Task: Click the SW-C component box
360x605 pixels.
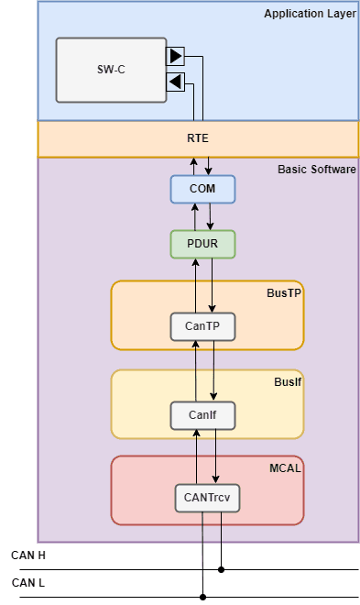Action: click(x=111, y=70)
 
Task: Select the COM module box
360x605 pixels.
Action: click(x=202, y=189)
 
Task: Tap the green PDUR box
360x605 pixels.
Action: click(x=202, y=244)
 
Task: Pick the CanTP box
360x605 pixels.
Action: click(x=202, y=326)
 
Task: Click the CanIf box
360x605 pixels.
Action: click(x=202, y=415)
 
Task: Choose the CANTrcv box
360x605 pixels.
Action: click(x=206, y=498)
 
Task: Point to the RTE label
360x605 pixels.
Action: click(x=198, y=139)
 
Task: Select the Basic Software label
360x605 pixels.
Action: click(x=316, y=170)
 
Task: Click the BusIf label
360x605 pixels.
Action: click(x=288, y=380)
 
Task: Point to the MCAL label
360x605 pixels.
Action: click(x=286, y=467)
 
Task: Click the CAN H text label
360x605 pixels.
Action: click(x=27, y=555)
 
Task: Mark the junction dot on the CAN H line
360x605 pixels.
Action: click(x=221, y=569)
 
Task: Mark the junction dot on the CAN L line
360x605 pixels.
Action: click(x=202, y=597)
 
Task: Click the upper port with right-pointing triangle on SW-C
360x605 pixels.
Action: click(x=176, y=56)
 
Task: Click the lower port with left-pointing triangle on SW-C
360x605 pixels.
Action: click(x=176, y=83)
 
